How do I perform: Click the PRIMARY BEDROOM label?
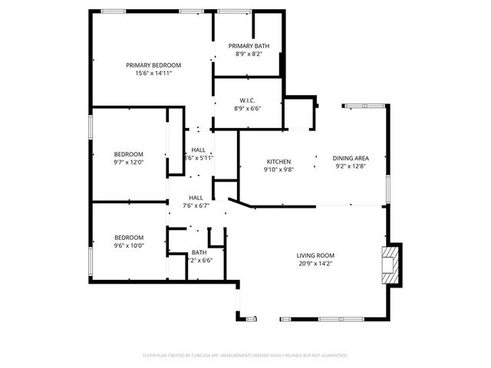pos(153,65)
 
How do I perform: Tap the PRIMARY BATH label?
pos(249,46)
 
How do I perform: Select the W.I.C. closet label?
pos(247,100)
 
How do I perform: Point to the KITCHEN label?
pos(278,161)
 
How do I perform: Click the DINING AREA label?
pos(350,158)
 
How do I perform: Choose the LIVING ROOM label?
pos(315,255)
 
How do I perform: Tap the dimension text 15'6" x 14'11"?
pos(153,73)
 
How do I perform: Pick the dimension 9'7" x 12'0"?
pos(129,162)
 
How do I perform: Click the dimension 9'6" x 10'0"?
pos(129,245)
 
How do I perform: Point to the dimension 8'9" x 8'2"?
pos(249,54)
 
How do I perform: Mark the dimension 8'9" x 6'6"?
pos(247,108)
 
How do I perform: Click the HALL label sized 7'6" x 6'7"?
pos(196,198)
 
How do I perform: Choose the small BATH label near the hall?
pos(199,252)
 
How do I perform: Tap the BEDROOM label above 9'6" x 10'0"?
pos(129,238)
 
